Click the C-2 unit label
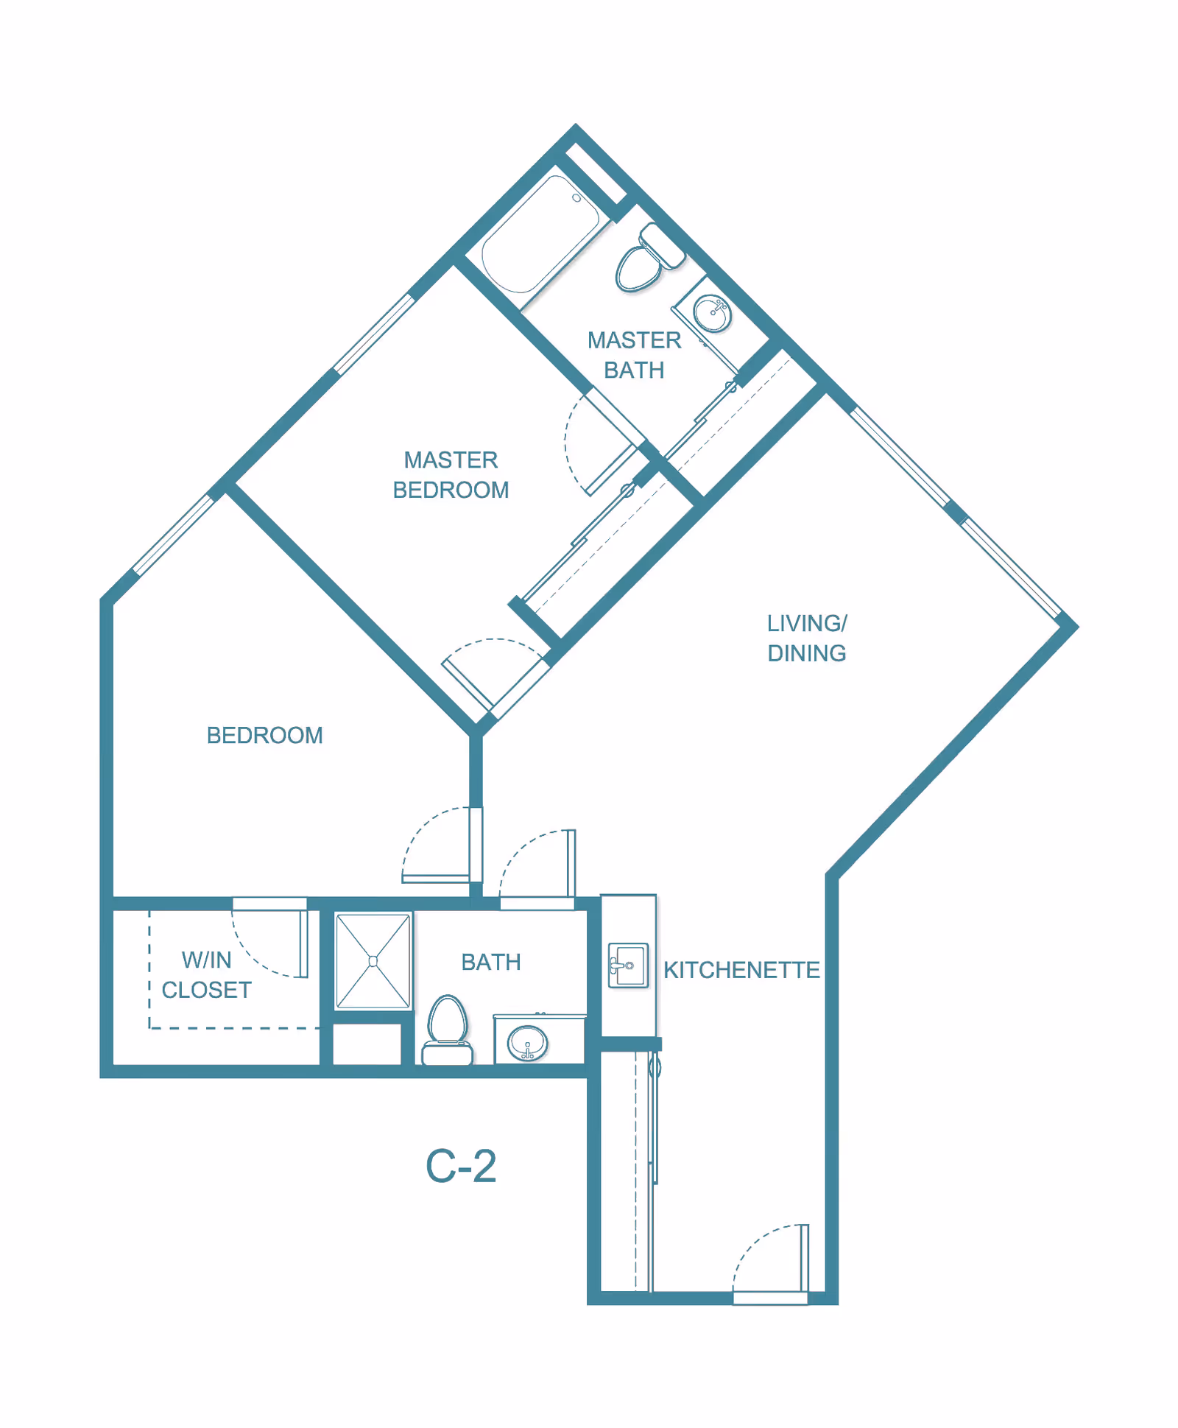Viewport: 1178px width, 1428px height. coord(461,1167)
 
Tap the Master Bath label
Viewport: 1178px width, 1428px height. coord(634,355)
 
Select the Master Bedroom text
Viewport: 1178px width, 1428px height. coord(451,475)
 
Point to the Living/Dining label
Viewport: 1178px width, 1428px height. coord(807,639)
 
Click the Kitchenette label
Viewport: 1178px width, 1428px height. coord(741,970)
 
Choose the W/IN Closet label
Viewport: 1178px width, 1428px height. coord(207,975)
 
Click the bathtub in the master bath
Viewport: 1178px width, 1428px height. coord(540,234)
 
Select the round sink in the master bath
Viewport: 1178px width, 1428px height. coord(712,313)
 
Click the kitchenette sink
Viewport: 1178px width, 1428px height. coord(628,965)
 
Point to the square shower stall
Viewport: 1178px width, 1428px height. coord(373,960)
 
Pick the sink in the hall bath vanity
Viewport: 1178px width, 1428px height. coord(528,1043)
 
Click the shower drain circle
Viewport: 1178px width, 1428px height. coord(373,961)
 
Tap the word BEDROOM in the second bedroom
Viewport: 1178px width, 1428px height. coord(264,735)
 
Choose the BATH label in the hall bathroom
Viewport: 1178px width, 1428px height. coord(491,962)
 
